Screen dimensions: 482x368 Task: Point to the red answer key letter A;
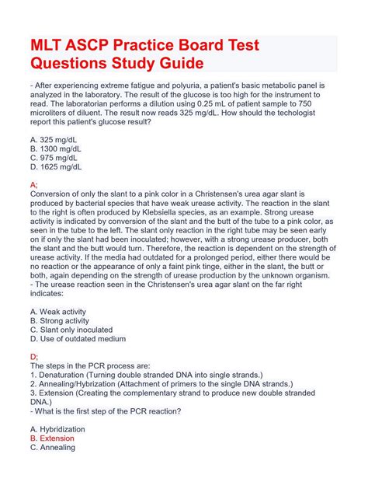(33, 184)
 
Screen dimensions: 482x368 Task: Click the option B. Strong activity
(64, 320)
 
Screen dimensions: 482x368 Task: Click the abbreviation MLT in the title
(50, 44)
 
